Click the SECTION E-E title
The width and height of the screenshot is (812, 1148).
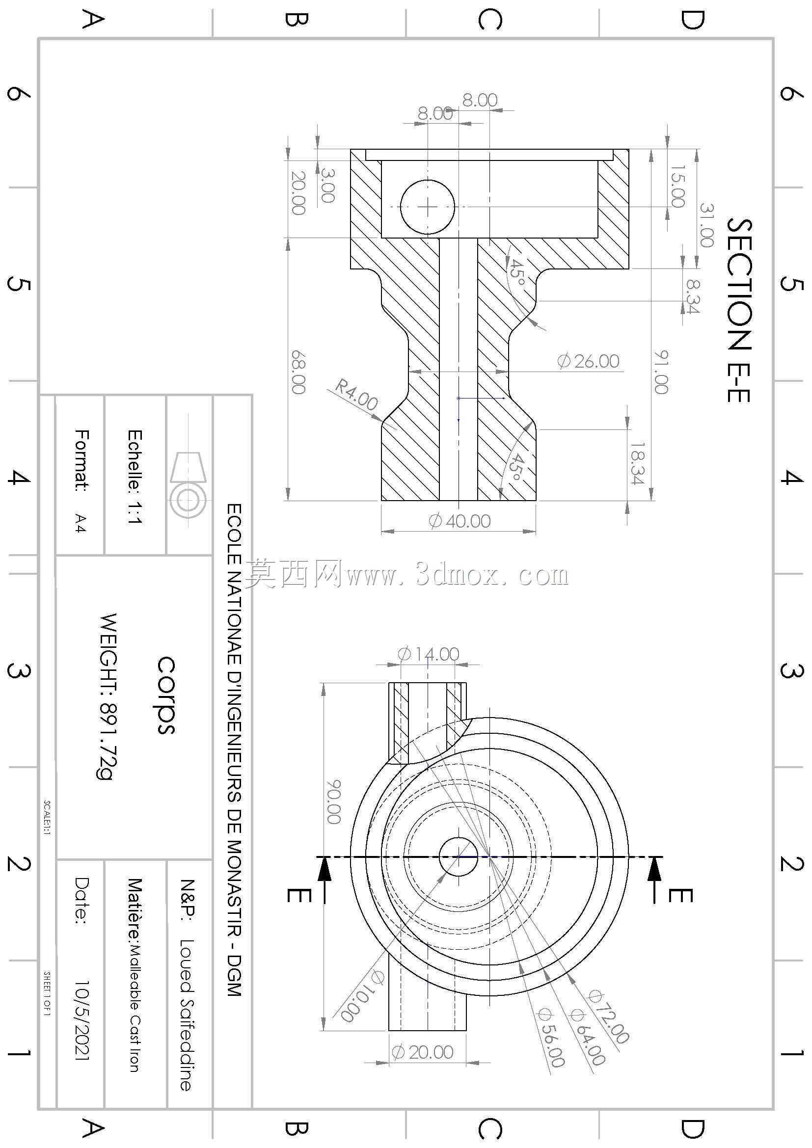coord(739,310)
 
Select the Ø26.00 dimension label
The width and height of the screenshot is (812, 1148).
coord(589,361)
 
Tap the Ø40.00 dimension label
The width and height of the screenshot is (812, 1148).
coord(460,521)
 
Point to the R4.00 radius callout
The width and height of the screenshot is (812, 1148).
coord(356,395)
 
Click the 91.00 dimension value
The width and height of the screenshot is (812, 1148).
coord(661,372)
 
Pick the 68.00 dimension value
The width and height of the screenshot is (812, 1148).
coord(298,372)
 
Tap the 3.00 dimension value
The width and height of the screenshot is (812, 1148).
coord(326,185)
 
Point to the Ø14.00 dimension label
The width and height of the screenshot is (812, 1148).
coord(428,653)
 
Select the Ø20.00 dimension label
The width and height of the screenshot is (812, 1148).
coord(423,1052)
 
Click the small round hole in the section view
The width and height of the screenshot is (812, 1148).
coord(428,207)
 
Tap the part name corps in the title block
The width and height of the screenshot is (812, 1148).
coord(166,695)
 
